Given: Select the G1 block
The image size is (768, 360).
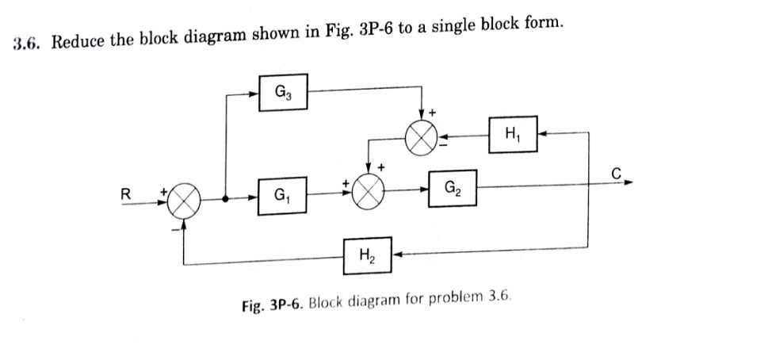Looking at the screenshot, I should (283, 193).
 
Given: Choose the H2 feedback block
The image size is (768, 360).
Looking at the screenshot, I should (367, 255).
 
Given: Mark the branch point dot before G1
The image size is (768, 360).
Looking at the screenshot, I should (227, 198).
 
